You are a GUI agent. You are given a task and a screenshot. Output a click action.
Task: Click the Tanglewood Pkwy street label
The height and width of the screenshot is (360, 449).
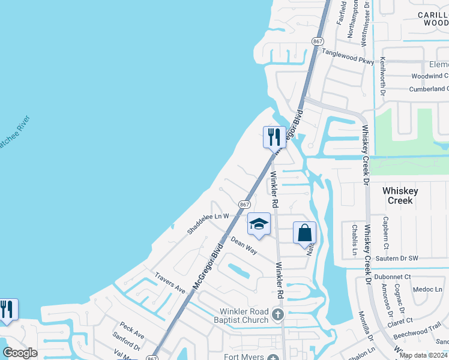pos(348,57)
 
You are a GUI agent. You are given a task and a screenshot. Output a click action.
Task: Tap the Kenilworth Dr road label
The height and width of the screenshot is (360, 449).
pos(383,78)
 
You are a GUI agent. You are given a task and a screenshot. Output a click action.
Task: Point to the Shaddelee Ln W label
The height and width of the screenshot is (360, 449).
pos(208,223)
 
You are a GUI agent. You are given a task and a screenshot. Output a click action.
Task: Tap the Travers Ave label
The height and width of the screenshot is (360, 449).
pos(170,283)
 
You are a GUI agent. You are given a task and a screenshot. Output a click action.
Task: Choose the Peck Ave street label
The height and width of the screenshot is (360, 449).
pos(131,329)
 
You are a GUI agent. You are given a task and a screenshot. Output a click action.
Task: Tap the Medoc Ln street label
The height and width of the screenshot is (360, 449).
pos(427,289)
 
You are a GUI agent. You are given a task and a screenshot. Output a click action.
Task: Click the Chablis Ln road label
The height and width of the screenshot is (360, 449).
pos(355,238)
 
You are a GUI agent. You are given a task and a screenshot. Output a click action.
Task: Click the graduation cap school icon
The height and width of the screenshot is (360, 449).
pos(259,224)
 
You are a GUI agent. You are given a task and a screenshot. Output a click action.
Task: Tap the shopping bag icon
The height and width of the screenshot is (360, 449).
pos(304,232)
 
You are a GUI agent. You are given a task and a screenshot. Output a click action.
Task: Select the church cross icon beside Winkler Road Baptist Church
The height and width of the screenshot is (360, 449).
pos(277,314)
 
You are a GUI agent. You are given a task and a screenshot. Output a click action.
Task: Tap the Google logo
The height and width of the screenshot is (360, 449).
pos(20,353)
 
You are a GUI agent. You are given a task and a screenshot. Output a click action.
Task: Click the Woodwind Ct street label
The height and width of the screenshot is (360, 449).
pos(430,76)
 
